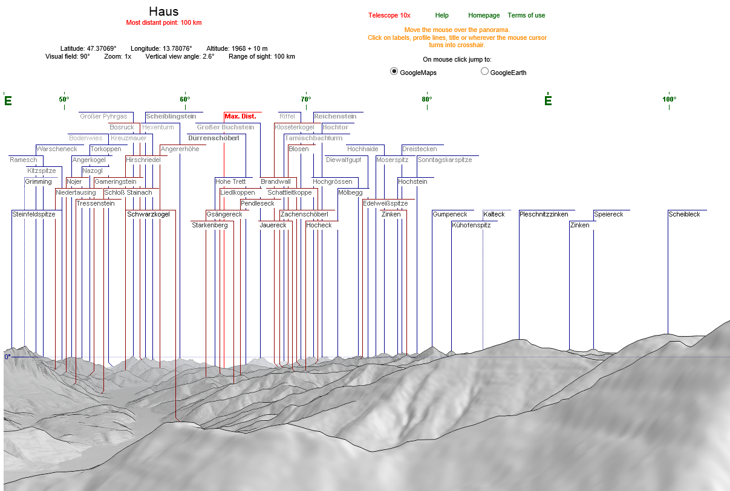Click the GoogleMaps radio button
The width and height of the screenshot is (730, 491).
click(x=394, y=71)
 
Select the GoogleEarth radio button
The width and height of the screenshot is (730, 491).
click(x=484, y=71)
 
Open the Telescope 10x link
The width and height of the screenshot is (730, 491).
click(x=389, y=15)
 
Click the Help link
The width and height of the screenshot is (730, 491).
click(x=442, y=15)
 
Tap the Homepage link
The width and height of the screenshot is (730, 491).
click(x=484, y=15)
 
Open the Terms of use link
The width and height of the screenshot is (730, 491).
click(x=526, y=15)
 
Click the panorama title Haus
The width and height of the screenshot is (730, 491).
click(x=163, y=11)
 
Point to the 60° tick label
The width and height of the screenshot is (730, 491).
click(x=184, y=99)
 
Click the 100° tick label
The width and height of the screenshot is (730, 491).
click(x=669, y=99)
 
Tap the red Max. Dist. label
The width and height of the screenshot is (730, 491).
click(x=240, y=115)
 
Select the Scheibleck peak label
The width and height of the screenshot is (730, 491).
click(x=684, y=214)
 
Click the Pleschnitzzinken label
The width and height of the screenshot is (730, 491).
click(x=544, y=214)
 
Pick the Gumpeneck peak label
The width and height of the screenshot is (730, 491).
click(x=449, y=214)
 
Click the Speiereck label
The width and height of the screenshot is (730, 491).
click(x=608, y=214)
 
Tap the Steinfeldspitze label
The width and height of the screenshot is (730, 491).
click(x=34, y=214)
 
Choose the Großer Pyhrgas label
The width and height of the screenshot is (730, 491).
click(x=103, y=116)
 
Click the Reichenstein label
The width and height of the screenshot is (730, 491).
click(x=335, y=116)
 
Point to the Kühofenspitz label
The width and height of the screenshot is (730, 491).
click(x=471, y=225)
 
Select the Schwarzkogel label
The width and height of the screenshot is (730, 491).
click(x=148, y=214)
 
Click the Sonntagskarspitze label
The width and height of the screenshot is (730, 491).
click(x=445, y=160)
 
